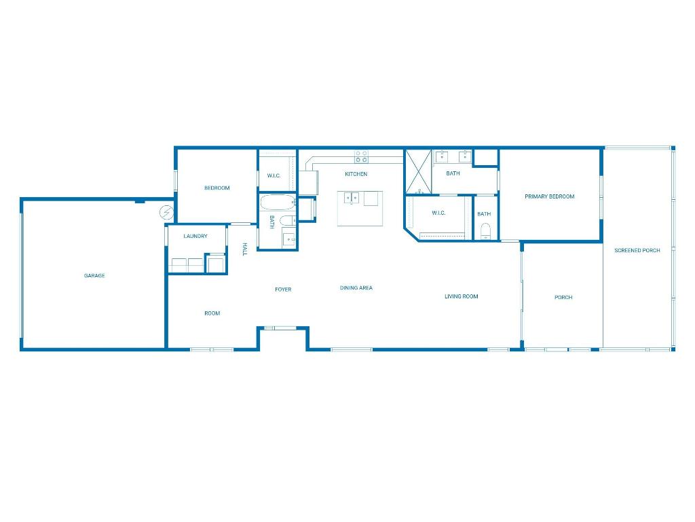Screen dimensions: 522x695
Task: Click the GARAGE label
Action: pos(94,276)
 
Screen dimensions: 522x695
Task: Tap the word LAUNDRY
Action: pos(195,237)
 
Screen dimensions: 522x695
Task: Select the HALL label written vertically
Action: pos(245,249)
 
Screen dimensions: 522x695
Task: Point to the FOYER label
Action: pos(283,290)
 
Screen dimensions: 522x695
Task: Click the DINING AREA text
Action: pos(356,288)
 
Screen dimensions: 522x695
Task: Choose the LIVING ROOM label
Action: pos(462,296)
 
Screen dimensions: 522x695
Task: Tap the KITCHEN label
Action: pos(356,175)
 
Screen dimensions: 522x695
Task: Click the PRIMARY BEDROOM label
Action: pos(550,196)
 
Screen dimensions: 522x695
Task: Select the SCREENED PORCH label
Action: pos(637,251)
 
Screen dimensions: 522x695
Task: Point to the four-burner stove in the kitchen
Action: pos(361,157)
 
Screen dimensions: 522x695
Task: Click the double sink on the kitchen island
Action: pos(352,198)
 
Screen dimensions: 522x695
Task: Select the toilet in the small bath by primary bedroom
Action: pos(485,234)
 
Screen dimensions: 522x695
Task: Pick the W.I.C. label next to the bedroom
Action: pos(274,176)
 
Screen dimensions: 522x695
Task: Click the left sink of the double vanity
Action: pos(441,157)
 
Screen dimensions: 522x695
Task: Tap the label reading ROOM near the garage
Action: pos(212,313)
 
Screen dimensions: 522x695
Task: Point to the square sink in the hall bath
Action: pos(289,238)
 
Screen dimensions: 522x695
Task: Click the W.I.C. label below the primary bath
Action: pos(438,213)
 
